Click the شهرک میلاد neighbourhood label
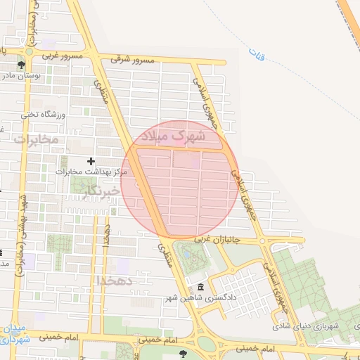click(x=172, y=135)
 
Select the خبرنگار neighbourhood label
click(x=96, y=191)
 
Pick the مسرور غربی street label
click(x=62, y=54)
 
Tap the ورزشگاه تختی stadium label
click(x=43, y=114)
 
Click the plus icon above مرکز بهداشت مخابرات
click(x=91, y=162)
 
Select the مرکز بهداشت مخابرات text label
click(x=91, y=171)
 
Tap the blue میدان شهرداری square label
click(x=14, y=334)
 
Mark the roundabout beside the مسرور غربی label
click(x=29, y=51)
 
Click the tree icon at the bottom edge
click(x=184, y=354)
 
